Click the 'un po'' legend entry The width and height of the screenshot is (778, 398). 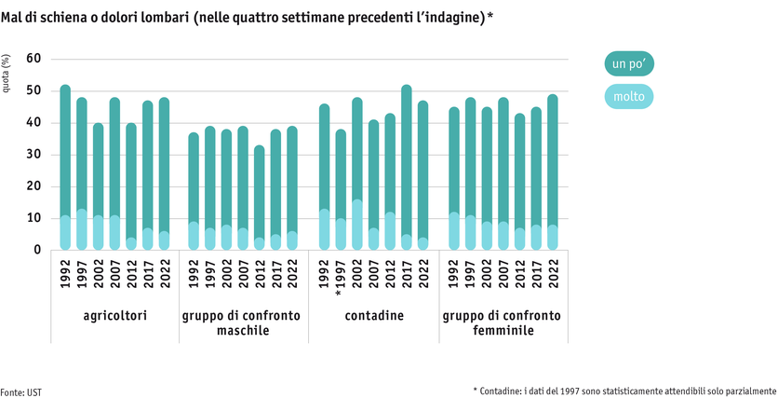point(630,63)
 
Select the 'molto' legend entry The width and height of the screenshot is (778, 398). point(630,96)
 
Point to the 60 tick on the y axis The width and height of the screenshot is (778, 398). point(34,59)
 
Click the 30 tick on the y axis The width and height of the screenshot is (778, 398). point(34,155)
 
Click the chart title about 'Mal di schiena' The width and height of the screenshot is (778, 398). point(247,18)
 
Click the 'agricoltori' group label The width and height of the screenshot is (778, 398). point(114,316)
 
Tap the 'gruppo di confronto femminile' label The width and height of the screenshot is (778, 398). point(503,323)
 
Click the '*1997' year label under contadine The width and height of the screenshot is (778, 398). point(341,277)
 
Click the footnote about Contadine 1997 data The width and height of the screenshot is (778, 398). point(624,391)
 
